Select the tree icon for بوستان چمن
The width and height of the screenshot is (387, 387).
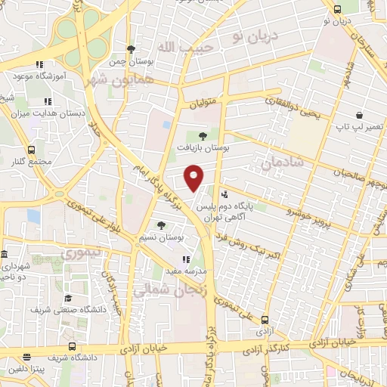(x=131, y=48)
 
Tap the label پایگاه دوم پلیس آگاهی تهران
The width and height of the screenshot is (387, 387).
(x=228, y=210)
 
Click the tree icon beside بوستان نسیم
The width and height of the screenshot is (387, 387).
(x=160, y=224)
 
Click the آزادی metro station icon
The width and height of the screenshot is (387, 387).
(x=265, y=320)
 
